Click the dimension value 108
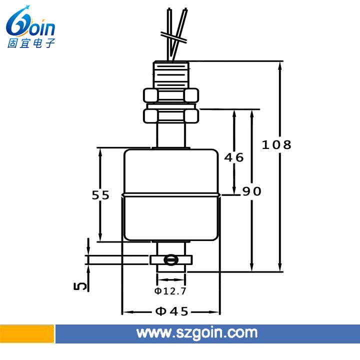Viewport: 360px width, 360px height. [276, 145]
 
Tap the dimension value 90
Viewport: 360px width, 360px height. [252, 191]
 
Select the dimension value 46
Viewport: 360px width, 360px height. [233, 157]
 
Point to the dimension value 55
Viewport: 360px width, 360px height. [100, 195]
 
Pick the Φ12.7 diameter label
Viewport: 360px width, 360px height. [170, 291]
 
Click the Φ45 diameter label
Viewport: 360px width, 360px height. [172, 311]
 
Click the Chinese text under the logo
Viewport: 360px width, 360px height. [31, 43]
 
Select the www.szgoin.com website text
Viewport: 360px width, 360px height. [197, 333]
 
